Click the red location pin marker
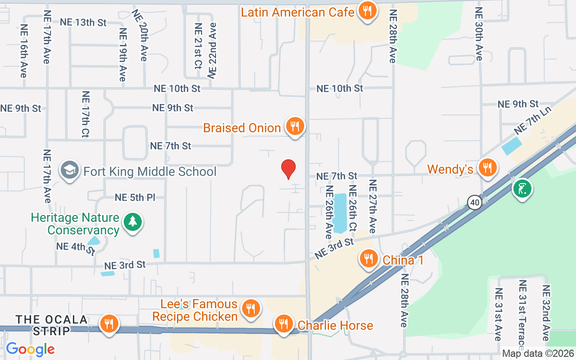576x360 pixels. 288,169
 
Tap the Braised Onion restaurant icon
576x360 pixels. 295,127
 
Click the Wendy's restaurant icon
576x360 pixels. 486,168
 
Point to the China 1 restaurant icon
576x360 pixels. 369,259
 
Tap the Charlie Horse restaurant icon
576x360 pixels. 283,324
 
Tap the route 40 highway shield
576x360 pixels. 474,202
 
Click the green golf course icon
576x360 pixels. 522,189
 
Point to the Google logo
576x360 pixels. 30,349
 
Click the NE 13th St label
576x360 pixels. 83,22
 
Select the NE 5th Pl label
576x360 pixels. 135,197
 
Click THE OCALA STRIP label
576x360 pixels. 52,325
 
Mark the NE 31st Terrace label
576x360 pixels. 522,315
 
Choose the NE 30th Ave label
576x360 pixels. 479,34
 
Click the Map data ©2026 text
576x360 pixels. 537,354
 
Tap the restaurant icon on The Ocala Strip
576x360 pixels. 109,324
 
